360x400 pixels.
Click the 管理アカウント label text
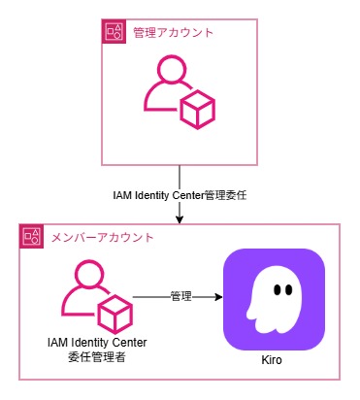(x=173, y=33)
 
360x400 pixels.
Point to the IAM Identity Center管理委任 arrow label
(x=180, y=196)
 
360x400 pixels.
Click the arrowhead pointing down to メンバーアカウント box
(x=180, y=219)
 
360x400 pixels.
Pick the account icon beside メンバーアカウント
(x=32, y=236)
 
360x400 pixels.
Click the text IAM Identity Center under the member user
(x=90, y=343)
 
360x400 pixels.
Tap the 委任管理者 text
(x=90, y=357)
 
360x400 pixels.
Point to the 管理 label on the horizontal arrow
(x=180, y=295)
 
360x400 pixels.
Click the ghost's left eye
(x=275, y=289)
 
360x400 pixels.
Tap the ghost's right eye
(x=289, y=289)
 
